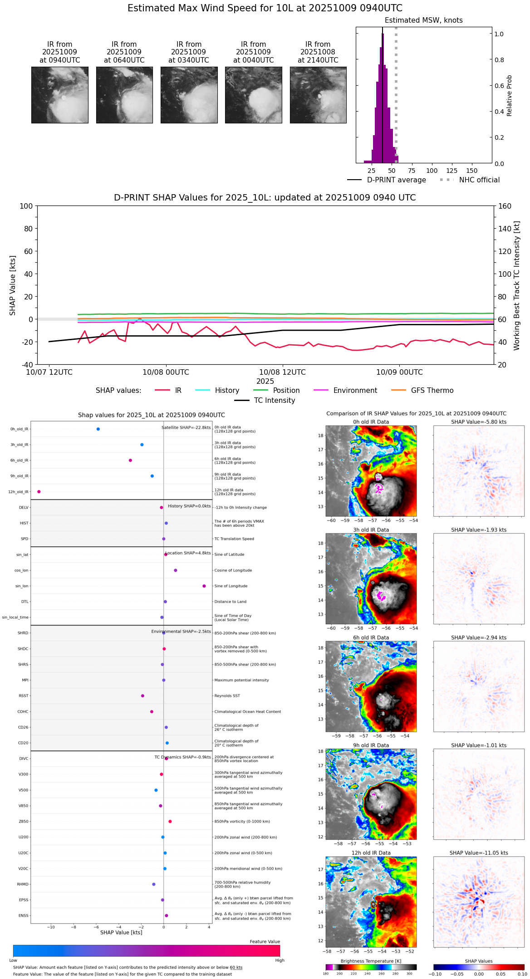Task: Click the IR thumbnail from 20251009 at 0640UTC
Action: (124, 95)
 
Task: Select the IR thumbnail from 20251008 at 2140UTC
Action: (318, 95)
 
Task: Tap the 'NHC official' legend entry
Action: (479, 180)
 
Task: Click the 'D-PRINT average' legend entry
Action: (396, 180)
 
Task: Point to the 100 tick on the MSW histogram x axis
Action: (432, 171)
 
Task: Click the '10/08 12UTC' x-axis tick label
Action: (282, 372)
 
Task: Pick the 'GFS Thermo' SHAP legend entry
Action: (432, 391)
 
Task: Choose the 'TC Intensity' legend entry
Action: (274, 401)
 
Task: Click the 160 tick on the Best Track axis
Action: (505, 206)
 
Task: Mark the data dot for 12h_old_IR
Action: (39, 491)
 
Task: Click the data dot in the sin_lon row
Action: (204, 586)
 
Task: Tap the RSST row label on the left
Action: (24, 696)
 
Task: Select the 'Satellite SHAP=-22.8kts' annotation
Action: (186, 428)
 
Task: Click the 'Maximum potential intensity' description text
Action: (241, 680)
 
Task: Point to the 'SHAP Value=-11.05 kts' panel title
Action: (479, 853)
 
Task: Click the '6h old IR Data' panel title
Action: (371, 637)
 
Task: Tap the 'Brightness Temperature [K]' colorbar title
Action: (371, 961)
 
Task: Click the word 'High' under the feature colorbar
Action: (280, 960)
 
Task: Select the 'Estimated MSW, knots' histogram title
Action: (423, 20)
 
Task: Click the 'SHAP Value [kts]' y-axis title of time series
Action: (13, 285)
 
